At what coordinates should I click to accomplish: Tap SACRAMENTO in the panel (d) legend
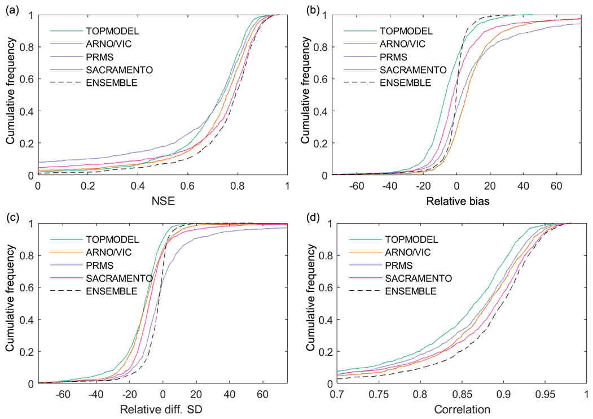point(418,278)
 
